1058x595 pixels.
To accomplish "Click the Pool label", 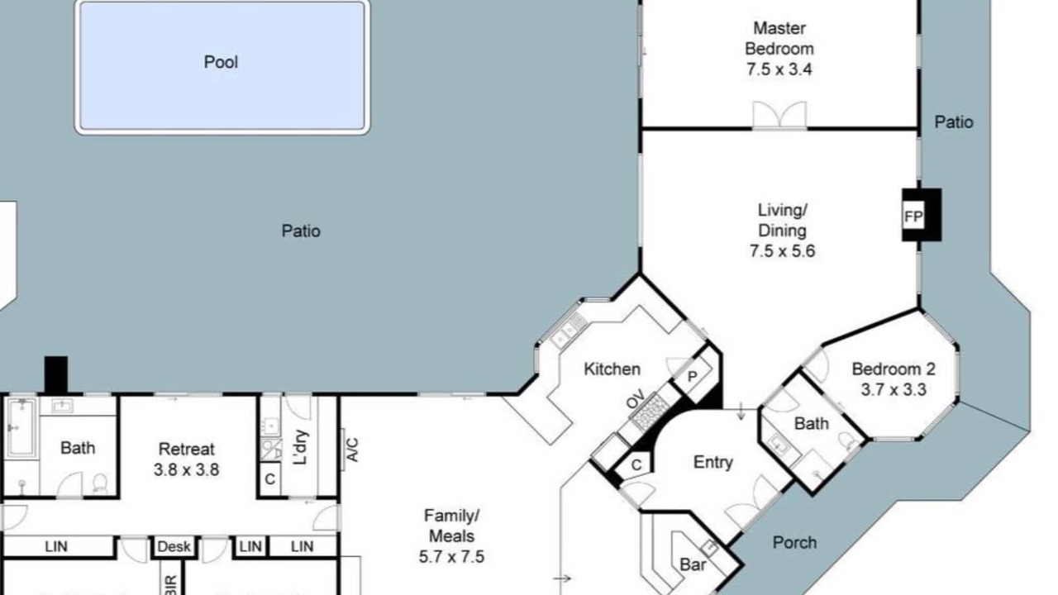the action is click(x=221, y=62).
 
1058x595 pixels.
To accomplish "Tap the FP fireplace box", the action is click(x=913, y=217).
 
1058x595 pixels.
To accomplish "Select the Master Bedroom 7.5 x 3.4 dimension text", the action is click(x=779, y=70).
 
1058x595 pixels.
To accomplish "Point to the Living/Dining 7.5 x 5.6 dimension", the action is click(x=782, y=250).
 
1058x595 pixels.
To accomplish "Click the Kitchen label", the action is click(x=612, y=369).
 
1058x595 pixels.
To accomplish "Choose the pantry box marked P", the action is click(x=693, y=377).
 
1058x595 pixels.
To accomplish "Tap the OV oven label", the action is click(x=636, y=399).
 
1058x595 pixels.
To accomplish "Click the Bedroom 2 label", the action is click(x=894, y=369).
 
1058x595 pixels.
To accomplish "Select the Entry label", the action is click(x=713, y=462).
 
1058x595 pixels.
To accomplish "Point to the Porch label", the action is click(x=794, y=543).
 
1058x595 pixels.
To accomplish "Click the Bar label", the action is click(x=693, y=564).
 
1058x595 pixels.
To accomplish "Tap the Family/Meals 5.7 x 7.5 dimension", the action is click(x=451, y=557).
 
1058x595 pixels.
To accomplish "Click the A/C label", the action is click(x=353, y=450).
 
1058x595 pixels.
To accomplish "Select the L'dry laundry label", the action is click(x=300, y=447).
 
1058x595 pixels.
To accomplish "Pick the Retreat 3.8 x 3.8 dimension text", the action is click(x=187, y=470).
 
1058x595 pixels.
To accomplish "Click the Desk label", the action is click(x=174, y=547).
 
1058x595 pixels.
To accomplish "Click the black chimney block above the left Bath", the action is click(x=55, y=375).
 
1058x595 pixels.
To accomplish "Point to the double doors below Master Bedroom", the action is click(x=779, y=115).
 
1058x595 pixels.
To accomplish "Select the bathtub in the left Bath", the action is click(x=21, y=428).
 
